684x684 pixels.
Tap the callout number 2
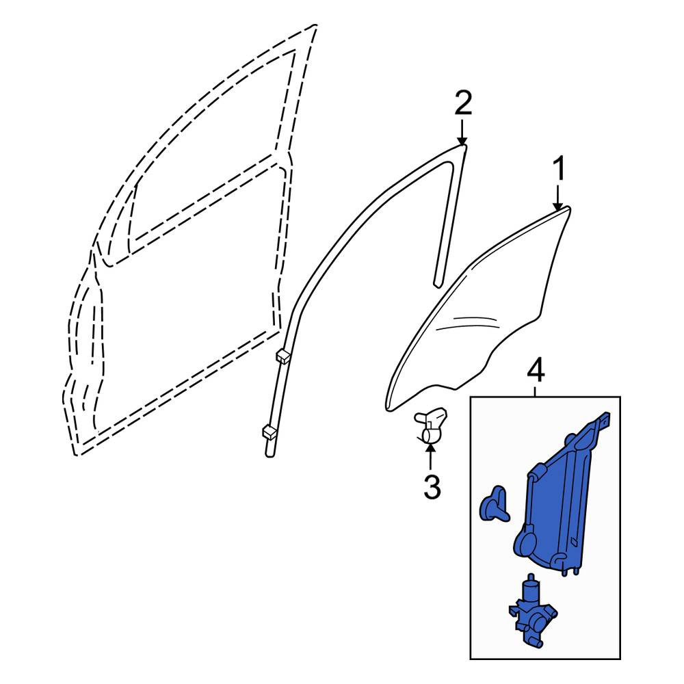coord(463,103)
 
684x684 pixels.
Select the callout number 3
coord(432,486)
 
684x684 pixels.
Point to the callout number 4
coord(536,372)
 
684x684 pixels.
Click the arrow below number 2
coord(462,131)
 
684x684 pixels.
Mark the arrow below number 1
coord(557,198)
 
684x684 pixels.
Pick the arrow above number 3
coord(430,456)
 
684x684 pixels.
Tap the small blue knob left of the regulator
coord(494,505)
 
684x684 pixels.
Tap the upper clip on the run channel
coord(283,355)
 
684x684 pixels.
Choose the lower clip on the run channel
coord(268,432)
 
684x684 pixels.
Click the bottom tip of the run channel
coord(269,456)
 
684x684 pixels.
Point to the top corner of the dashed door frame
coord(315,25)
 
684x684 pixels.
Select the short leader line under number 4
coord(536,391)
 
